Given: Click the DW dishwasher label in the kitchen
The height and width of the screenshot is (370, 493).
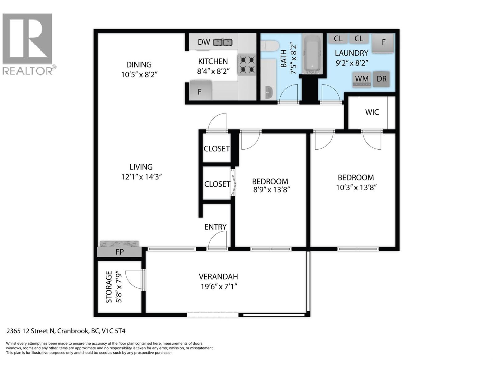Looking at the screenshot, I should click(204, 42).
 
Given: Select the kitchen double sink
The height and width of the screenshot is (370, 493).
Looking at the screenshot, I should click(223, 42).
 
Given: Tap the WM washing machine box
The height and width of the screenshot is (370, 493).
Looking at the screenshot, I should click(362, 79).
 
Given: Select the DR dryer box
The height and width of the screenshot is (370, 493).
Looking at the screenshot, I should click(381, 79).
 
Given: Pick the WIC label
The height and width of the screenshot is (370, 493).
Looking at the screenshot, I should click(372, 112).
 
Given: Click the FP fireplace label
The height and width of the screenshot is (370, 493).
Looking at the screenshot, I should click(120, 252).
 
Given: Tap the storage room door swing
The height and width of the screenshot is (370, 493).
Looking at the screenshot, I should click(134, 280).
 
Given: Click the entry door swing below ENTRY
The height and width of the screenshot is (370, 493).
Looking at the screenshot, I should click(218, 240).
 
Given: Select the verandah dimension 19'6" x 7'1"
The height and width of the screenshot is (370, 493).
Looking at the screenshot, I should click(219, 287).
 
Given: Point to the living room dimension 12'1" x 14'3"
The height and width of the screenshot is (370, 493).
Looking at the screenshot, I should click(141, 177).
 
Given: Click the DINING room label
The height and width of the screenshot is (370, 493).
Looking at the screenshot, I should click(139, 65).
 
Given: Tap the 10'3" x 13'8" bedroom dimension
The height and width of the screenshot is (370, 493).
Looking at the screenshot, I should click(356, 187).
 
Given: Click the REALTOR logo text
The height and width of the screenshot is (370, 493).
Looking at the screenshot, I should click(28, 71).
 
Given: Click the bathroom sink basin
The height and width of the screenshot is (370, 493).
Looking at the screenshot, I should click(269, 92).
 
